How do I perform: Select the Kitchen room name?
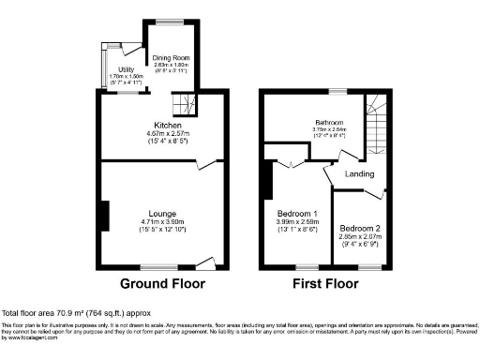pos(168,125)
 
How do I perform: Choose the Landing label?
pos(359,173)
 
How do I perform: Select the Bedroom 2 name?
pos(360,228)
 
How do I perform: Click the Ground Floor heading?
pos(163,282)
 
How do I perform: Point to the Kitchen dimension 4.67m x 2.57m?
pos(168,133)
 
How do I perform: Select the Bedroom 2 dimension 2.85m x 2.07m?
pos(360,236)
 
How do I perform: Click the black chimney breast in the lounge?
pos(104,215)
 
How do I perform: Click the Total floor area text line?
pos(73,312)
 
